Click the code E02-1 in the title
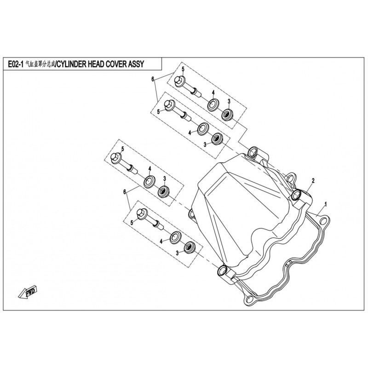(x=16, y=64)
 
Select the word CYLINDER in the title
(x=72, y=64)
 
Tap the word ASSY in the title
(x=136, y=64)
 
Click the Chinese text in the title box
(x=40, y=64)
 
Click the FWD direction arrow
(x=28, y=292)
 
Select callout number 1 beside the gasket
(x=326, y=204)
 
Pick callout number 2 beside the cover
(x=313, y=181)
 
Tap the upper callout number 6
(x=153, y=79)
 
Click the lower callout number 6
(x=125, y=192)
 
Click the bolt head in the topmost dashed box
(x=180, y=81)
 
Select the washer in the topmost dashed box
(x=213, y=105)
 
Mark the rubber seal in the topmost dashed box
(x=228, y=115)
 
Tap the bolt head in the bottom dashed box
(x=142, y=214)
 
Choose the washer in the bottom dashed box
(x=175, y=237)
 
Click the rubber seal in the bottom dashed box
(x=190, y=247)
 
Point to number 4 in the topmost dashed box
(x=213, y=93)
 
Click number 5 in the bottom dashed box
(x=132, y=223)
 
